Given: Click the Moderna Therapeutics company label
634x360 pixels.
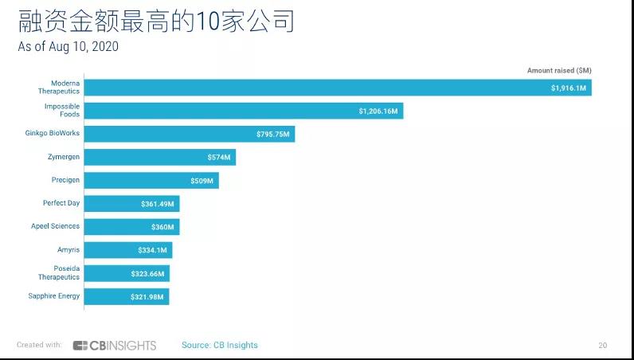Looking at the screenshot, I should (x=60, y=87).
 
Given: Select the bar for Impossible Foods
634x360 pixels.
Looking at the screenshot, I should (x=243, y=111).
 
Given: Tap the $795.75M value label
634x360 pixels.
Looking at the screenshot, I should (x=272, y=134).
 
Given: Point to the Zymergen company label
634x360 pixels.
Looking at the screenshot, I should (x=63, y=157).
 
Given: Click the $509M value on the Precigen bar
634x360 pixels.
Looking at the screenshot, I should (x=202, y=181).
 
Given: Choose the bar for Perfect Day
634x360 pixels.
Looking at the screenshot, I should (x=131, y=204).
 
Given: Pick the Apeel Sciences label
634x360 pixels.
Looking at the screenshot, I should (x=55, y=226).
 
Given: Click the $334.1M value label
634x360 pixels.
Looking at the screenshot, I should (x=151, y=250).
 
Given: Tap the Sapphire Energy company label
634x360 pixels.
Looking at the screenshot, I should (x=53, y=296).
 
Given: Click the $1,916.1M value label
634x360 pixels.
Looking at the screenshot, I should (x=568, y=88).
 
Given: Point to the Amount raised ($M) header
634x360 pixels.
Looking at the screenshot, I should (x=559, y=71).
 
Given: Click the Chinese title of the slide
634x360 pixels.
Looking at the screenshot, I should (x=156, y=20).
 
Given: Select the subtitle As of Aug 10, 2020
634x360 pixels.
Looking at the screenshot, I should (x=68, y=47).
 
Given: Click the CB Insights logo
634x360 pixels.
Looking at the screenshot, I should (x=115, y=346).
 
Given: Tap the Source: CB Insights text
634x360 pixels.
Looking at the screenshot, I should (x=220, y=346).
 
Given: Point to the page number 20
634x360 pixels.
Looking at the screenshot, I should (x=603, y=346).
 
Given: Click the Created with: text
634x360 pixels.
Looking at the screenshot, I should (x=39, y=346).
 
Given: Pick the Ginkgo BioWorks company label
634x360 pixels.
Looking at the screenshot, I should (x=53, y=133).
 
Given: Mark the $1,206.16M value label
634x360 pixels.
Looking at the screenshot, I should (x=378, y=111).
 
